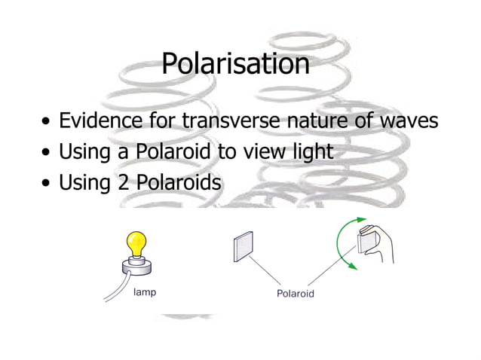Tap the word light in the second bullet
tap(313, 152)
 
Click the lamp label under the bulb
tap(144, 291)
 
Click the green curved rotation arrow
tap(345, 240)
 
